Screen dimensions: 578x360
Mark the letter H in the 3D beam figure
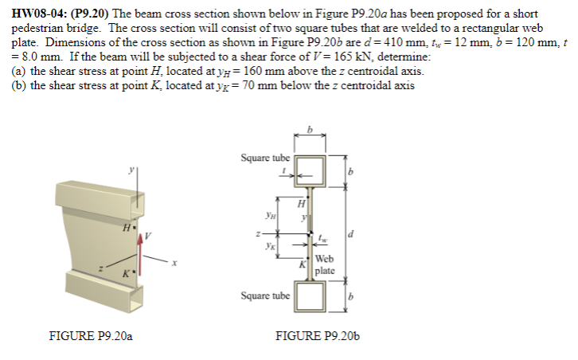[x=123, y=228]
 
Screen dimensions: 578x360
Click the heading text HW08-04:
[x=39, y=14]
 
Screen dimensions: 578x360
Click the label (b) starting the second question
[x=19, y=85]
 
